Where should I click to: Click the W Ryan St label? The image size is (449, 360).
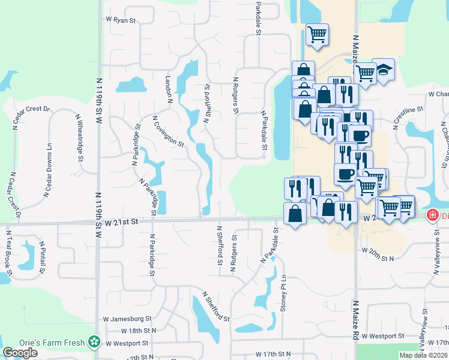(x=121, y=20)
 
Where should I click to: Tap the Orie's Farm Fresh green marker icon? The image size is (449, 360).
(x=94, y=342)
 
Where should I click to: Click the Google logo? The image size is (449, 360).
(x=20, y=353)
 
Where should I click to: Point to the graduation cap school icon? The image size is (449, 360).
(x=383, y=70)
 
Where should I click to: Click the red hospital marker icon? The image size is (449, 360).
(x=432, y=215)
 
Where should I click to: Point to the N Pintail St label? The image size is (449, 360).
(x=43, y=257)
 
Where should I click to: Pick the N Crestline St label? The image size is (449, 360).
(x=408, y=116)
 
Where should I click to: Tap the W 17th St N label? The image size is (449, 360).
(x=272, y=355)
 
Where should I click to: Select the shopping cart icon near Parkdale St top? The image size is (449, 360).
(x=317, y=34)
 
